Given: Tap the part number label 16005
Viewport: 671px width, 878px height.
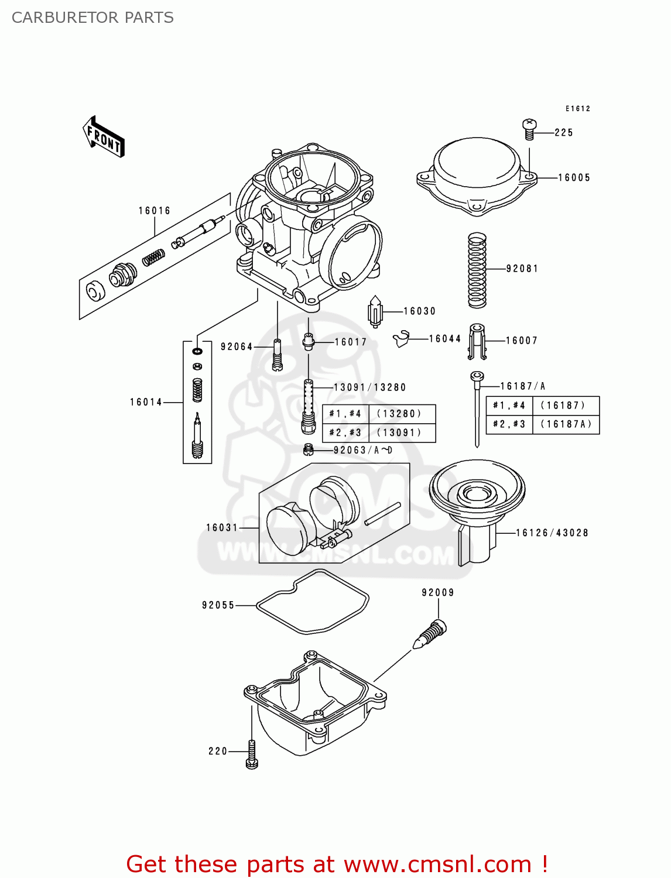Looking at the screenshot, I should (x=574, y=178).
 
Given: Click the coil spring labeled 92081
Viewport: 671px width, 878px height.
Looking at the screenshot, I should (x=477, y=270).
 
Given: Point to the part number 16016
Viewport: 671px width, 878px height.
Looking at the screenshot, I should (x=155, y=211).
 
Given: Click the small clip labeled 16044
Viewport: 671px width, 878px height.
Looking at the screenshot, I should (x=401, y=339).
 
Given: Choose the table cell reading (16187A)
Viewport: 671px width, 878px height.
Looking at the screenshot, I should (x=566, y=424).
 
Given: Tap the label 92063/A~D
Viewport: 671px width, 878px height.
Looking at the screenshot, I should (x=363, y=450).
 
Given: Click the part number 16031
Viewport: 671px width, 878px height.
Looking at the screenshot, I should (x=222, y=528).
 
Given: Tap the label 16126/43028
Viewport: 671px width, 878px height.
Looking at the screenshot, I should (x=552, y=533).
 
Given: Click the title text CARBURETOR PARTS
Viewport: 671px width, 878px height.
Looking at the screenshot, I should (x=93, y=18).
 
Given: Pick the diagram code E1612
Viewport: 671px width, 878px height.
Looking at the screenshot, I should (x=578, y=109).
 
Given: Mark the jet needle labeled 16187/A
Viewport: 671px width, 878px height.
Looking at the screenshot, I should (x=477, y=410).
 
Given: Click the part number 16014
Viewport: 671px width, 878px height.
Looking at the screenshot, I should (x=146, y=402).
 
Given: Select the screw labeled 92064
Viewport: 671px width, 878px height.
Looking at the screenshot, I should (x=278, y=355).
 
